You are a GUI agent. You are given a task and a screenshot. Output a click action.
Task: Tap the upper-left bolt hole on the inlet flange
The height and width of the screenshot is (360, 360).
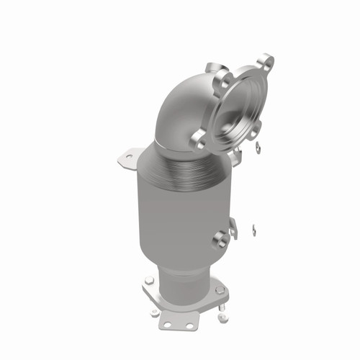point(221,76)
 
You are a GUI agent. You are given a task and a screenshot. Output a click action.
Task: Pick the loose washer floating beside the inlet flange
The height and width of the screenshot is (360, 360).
point(257,150)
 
